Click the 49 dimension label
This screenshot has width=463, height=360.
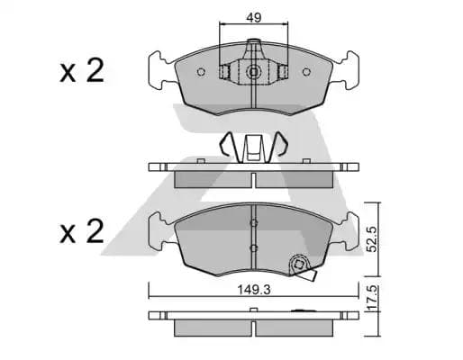point(256,16)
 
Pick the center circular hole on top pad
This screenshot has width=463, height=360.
point(255,72)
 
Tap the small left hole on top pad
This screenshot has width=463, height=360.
point(225,72)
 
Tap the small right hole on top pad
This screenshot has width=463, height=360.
point(284,72)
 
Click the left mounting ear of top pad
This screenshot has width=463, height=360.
point(159,69)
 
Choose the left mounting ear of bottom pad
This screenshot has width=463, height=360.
point(159,233)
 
